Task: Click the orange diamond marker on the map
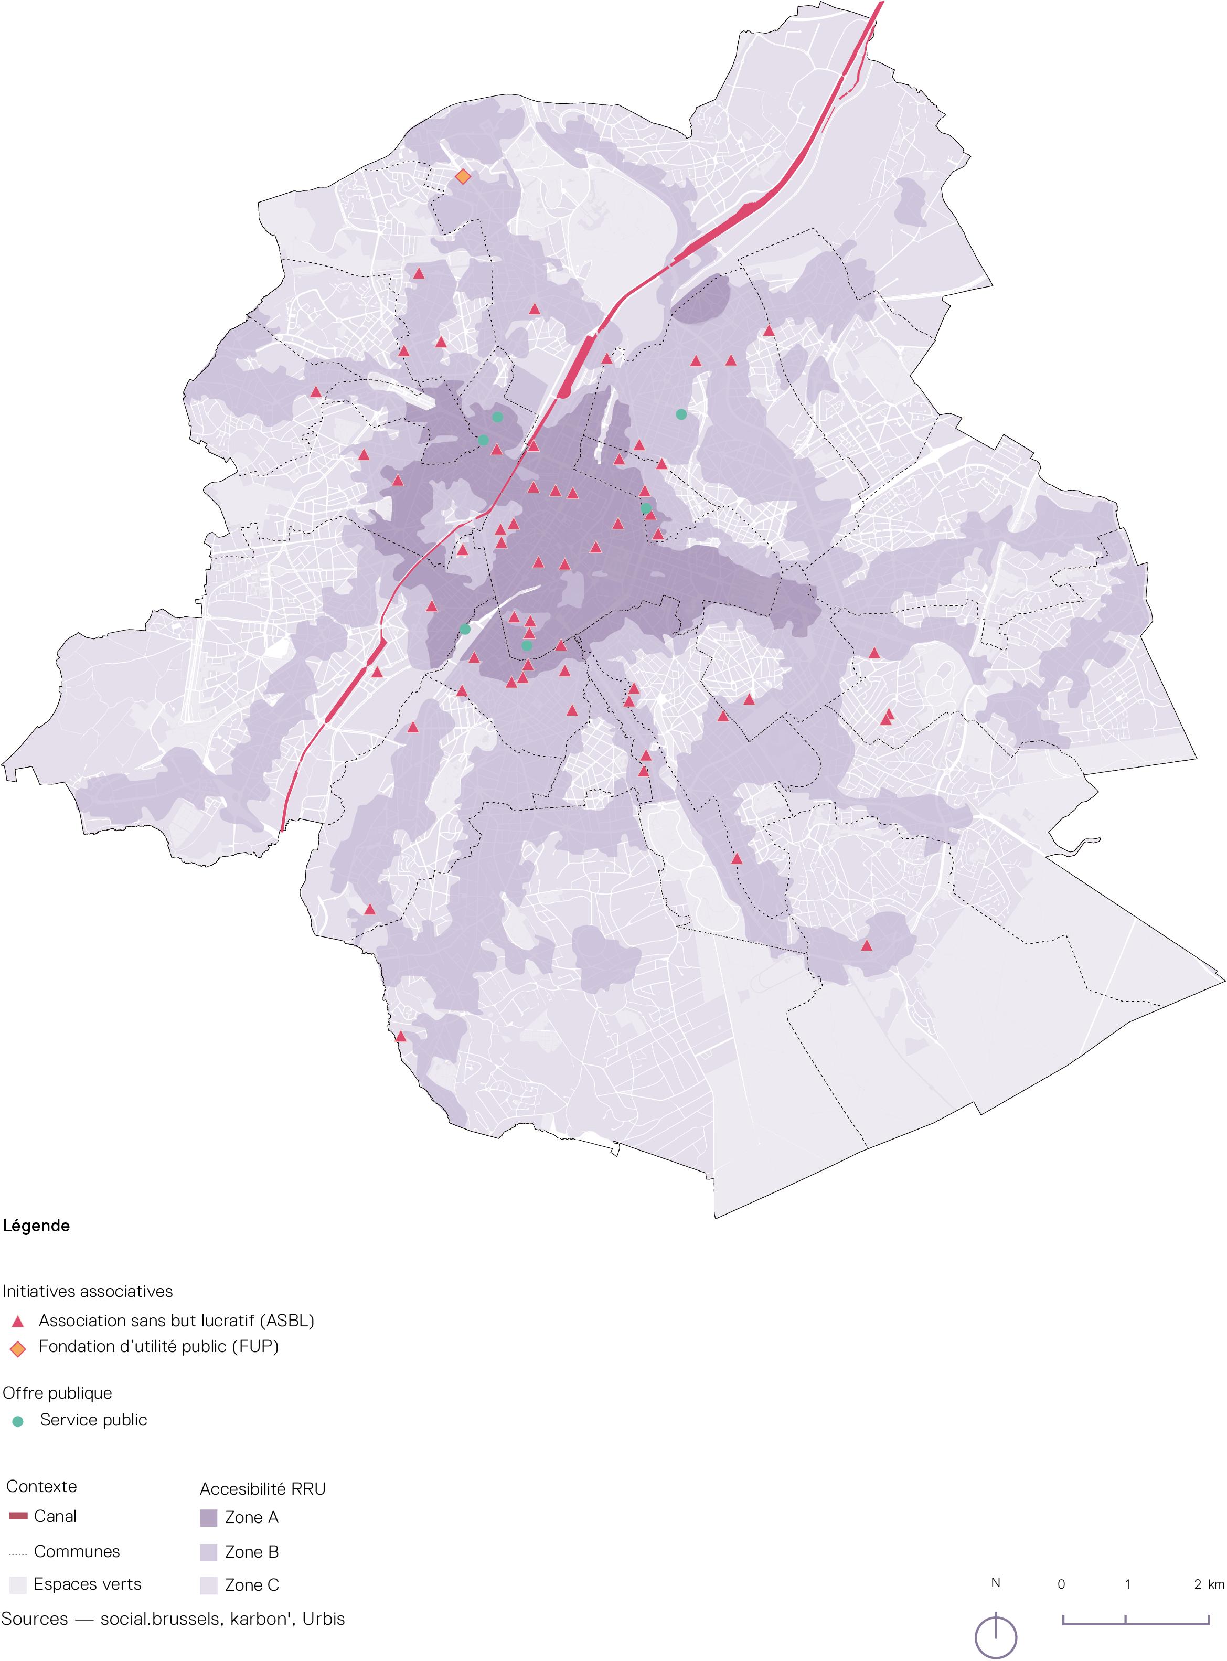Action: click(463, 176)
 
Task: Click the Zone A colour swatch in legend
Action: click(209, 1518)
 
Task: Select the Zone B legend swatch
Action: click(209, 1552)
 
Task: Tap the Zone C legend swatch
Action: click(209, 1585)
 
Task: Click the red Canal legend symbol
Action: click(18, 1515)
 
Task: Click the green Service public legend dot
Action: click(18, 1421)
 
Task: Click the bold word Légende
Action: click(36, 1226)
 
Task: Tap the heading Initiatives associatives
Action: click(88, 1291)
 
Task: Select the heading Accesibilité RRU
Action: click(262, 1489)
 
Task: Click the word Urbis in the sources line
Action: click(323, 1619)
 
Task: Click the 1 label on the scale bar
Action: click(1127, 1584)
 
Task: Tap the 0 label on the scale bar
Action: click(1061, 1584)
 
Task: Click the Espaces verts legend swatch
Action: click(18, 1584)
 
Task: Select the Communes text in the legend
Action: click(77, 1551)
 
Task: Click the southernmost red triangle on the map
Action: click(400, 1036)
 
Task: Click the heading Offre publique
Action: click(57, 1393)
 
